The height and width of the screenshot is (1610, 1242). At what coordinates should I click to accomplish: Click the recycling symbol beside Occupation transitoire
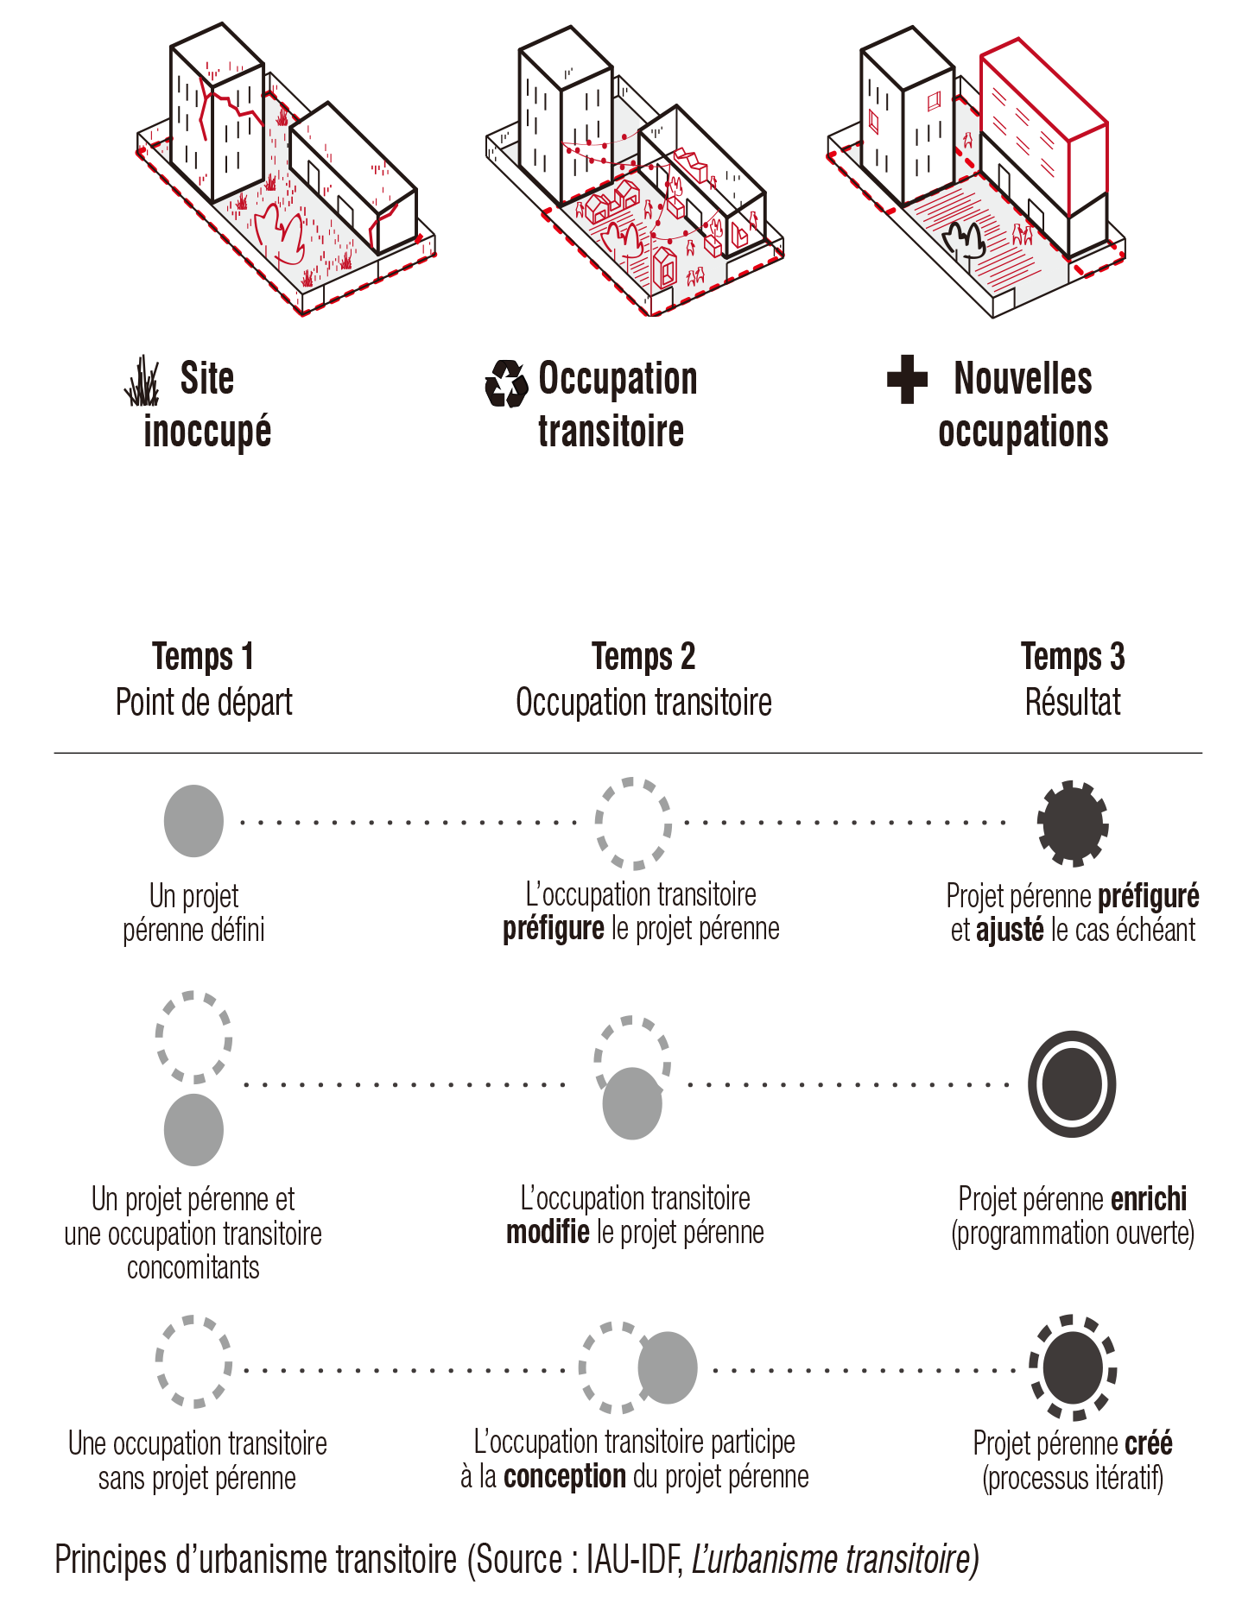coord(505,382)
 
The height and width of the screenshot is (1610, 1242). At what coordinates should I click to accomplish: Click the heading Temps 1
coord(203,657)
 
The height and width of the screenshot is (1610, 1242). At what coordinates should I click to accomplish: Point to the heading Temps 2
coord(643,657)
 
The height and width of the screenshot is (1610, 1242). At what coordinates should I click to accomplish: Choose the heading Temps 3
coord(1073,657)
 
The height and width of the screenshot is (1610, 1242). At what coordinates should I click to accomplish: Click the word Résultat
coord(1073,703)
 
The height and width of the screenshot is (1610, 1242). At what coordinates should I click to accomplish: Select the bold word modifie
coord(548,1233)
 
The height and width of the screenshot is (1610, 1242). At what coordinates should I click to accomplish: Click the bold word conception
coord(565,1477)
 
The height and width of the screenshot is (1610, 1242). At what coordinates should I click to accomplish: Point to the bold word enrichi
coord(1149,1199)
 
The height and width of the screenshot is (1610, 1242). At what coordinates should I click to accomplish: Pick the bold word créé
coord(1150,1443)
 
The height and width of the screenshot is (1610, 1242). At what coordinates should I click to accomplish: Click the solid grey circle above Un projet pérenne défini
coord(193,821)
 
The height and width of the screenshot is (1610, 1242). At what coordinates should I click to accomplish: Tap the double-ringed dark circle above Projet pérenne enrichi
coord(1072,1084)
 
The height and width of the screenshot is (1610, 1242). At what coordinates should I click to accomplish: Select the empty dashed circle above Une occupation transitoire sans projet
coord(193,1362)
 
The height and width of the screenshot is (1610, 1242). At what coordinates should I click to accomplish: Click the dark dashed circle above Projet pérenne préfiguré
coord(1073,824)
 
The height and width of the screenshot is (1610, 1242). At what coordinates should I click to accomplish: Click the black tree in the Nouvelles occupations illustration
coord(965,240)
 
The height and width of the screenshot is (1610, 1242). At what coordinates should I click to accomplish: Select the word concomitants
coord(193,1268)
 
